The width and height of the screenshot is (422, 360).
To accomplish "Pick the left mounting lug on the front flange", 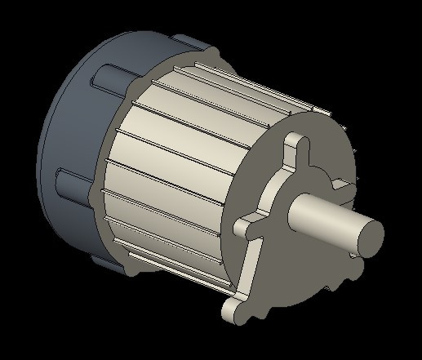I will tap(246, 228).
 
